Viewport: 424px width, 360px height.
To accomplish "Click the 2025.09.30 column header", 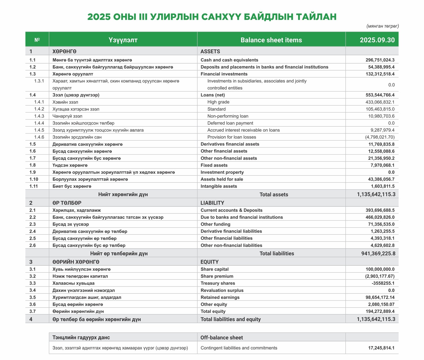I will click(377, 40).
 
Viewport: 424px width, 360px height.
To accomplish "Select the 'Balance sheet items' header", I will click(271, 40).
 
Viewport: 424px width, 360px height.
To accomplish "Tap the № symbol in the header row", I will click(37, 40).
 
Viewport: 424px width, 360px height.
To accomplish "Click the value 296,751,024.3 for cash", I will click(380, 60).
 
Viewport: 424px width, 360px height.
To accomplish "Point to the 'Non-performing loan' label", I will click(228, 116).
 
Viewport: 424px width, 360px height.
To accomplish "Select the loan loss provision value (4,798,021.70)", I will click(380, 137).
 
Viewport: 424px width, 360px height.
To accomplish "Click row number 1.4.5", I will click(39, 130).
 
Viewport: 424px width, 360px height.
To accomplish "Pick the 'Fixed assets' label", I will click(214, 165).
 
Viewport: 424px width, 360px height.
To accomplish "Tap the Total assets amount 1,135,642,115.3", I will click(376, 194).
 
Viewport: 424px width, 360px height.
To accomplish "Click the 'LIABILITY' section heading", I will click(212, 203).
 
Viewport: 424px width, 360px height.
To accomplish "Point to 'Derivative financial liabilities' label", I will click(231, 231).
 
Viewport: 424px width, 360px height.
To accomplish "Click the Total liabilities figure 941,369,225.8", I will click(378, 254).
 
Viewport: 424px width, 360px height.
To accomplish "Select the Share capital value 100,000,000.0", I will click(380, 269).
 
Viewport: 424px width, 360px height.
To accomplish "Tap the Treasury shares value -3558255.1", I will click(383, 283).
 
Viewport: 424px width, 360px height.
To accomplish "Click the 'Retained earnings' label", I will click(220, 297).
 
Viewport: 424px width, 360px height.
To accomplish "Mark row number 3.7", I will click(33, 311).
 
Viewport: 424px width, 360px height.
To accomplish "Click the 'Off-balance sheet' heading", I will click(222, 337).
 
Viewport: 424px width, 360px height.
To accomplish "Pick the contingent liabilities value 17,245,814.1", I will click(381, 348).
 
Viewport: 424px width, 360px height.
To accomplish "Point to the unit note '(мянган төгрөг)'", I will click(382, 26).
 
